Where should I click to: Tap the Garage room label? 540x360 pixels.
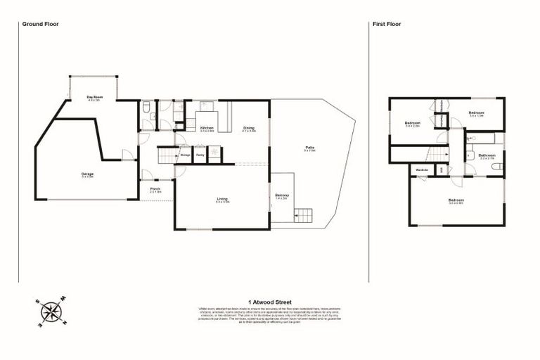tap(87, 174)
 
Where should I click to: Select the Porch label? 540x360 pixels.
tap(153, 191)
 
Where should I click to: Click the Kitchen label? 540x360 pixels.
tap(207, 129)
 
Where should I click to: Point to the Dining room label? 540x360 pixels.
tap(248, 129)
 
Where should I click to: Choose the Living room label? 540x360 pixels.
tap(222, 200)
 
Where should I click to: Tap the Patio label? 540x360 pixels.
tap(309, 148)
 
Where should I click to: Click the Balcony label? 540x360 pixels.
tap(282, 196)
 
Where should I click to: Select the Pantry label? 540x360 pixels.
tap(200, 155)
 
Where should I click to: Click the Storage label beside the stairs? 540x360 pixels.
tap(186, 155)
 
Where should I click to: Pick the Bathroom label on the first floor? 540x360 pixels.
tap(487, 156)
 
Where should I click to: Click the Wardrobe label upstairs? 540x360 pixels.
tap(423, 169)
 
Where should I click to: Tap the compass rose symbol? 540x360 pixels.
tap(51, 312)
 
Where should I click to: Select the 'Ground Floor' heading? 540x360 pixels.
tap(40, 24)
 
